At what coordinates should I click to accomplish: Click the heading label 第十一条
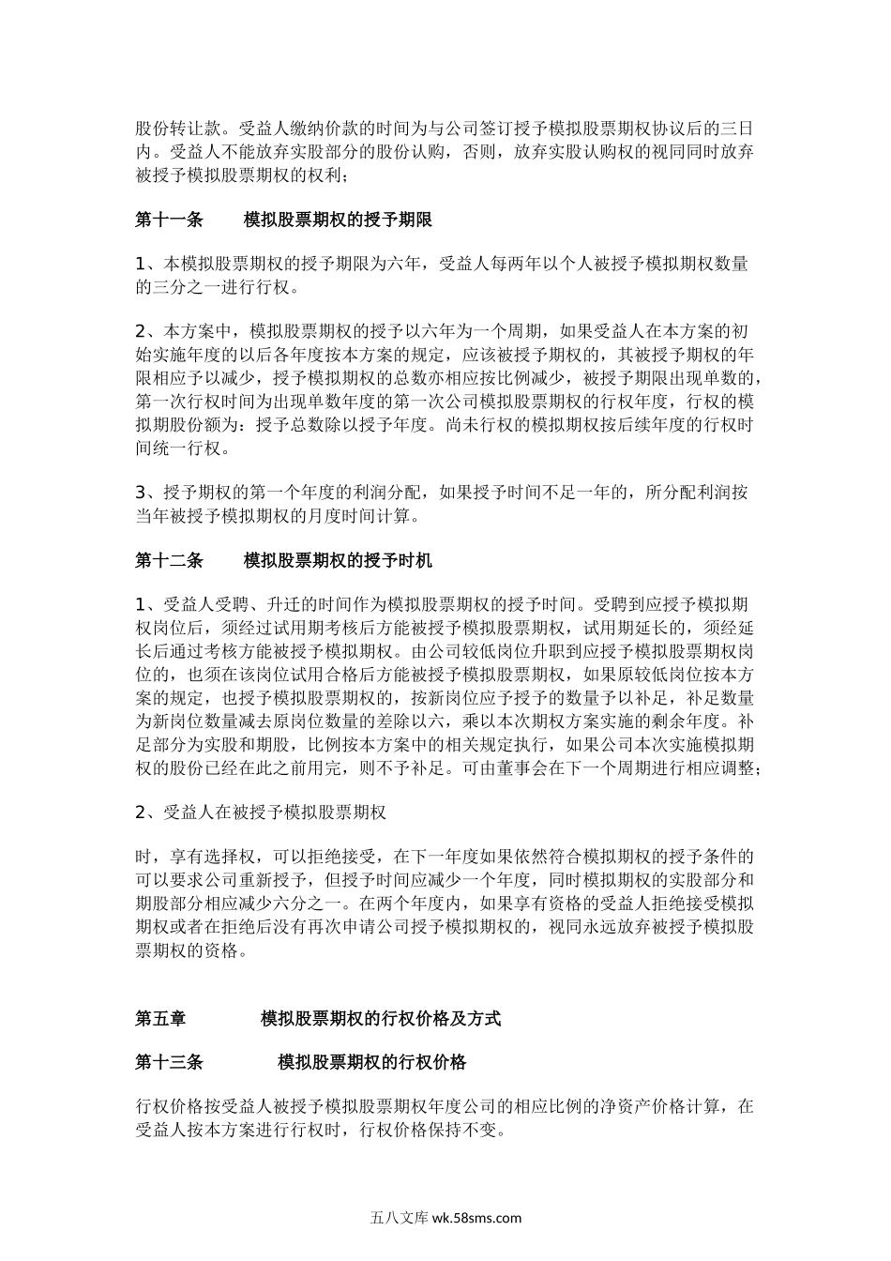tap(169, 220)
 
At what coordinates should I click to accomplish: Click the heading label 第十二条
tap(169, 560)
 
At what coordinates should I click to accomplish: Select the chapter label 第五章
tap(160, 1018)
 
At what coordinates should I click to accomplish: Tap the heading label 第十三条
tap(169, 1062)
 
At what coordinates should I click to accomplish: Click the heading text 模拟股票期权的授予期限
tap(338, 220)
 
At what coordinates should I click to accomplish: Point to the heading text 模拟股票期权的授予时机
tap(338, 560)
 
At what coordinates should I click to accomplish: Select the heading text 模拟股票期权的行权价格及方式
tap(381, 1018)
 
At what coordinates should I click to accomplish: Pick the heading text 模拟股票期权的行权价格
tap(372, 1062)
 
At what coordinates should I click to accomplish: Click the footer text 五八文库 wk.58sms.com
tap(445, 1218)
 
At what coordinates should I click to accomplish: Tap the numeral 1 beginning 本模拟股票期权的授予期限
tap(141, 265)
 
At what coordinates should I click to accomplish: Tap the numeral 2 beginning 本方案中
tap(141, 331)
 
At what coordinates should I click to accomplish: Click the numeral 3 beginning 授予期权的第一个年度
tap(141, 493)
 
